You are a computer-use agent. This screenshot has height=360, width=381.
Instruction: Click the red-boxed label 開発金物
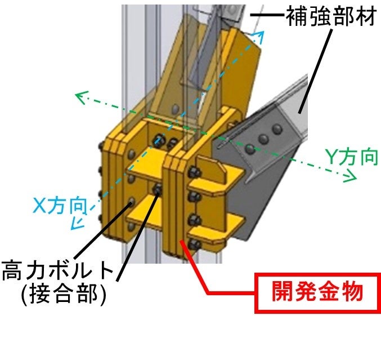[x=317, y=292]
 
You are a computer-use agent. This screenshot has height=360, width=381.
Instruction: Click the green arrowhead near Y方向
[x=352, y=178]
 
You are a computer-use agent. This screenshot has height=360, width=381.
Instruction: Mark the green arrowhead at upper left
[x=80, y=97]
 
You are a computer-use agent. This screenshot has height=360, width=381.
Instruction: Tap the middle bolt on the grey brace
[x=263, y=137]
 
